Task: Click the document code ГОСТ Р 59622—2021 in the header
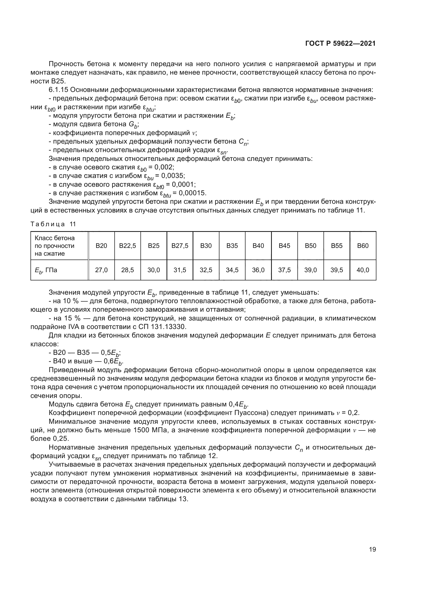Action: pyautogui.click(x=340, y=44)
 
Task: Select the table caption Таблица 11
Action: pyautogui.click(x=53, y=224)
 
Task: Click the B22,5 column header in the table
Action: pyautogui.click(x=128, y=246)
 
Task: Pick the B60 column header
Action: pyautogui.click(x=362, y=246)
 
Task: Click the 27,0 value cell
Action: pyautogui.click(x=101, y=270)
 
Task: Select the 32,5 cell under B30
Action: pyautogui.click(x=206, y=270)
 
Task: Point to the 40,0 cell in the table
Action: pyautogui.click(x=362, y=270)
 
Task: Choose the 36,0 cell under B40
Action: pyautogui.click(x=258, y=270)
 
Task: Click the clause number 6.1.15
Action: pyautogui.click(x=58, y=90)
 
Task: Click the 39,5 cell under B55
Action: pyautogui.click(x=337, y=270)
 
